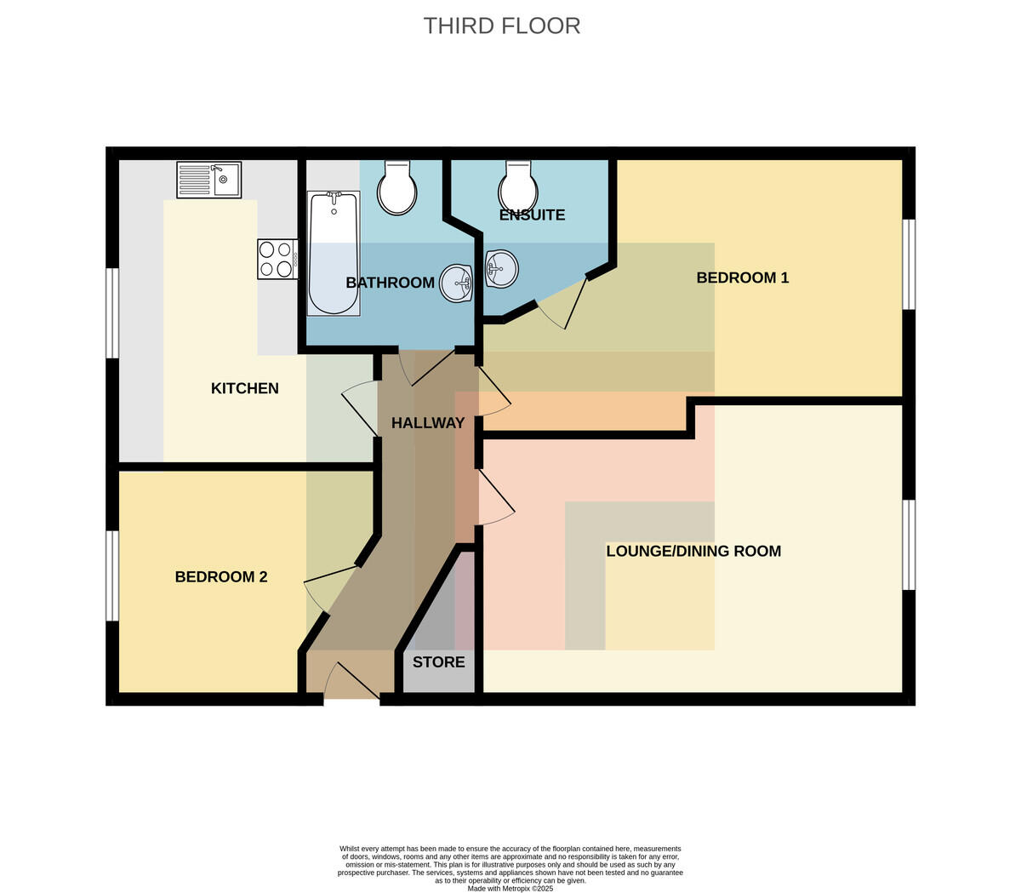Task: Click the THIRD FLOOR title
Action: pos(501,26)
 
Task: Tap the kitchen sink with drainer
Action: pos(208,180)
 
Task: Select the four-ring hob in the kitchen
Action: pos(278,259)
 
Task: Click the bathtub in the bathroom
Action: pos(334,253)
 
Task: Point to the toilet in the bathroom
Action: pos(397,187)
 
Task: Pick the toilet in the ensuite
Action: pos(518,186)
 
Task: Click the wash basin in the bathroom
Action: pos(456,283)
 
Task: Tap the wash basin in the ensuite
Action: pos(501,269)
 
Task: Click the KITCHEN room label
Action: pos(244,388)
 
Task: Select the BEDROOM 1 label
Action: pos(743,278)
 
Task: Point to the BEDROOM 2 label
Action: pos(221,576)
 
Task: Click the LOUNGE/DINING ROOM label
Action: pos(693,551)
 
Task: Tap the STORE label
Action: pos(439,662)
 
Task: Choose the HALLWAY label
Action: pos(428,423)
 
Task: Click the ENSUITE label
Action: pos(533,215)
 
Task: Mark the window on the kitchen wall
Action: pos(112,313)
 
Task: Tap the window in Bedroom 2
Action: pos(112,575)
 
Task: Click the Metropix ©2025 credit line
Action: pos(510,889)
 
